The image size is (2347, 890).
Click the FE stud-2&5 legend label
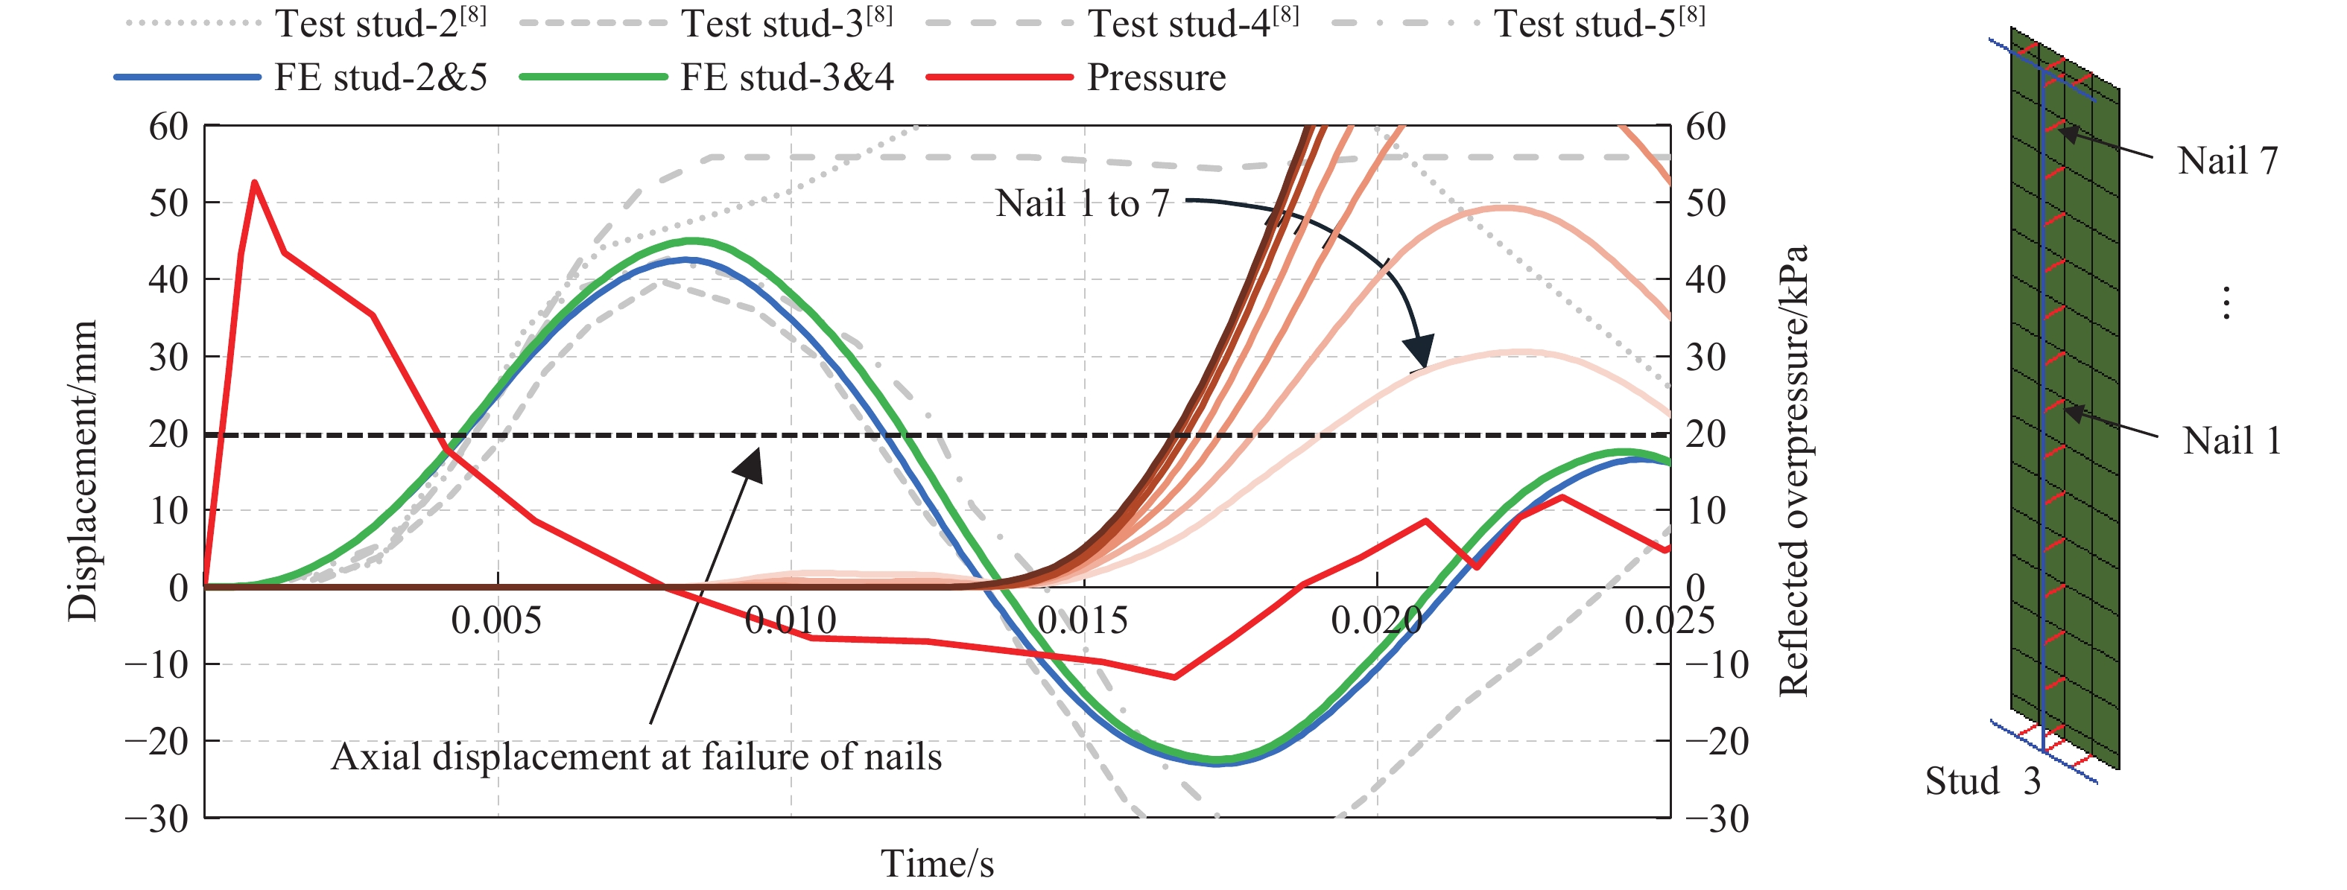381,77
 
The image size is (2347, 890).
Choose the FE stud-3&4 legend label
786,77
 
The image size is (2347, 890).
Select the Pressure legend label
1156,77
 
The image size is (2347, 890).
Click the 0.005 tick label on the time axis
496,621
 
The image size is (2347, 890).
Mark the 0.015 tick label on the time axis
1083,621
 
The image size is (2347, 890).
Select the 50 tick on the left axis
168,203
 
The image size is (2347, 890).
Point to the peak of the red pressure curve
254,182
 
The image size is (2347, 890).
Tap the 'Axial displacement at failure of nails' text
636,757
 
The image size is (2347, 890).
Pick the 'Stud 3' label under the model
1983,781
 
